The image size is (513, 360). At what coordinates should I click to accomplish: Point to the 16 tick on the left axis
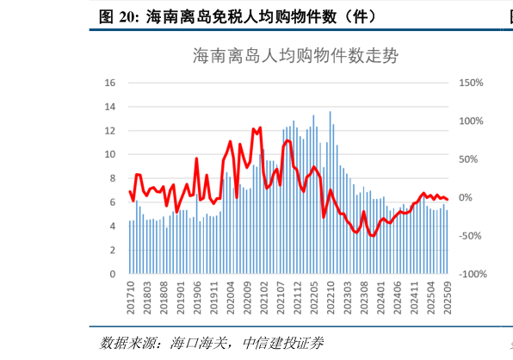click(110, 83)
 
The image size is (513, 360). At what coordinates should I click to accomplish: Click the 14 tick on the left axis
click(110, 107)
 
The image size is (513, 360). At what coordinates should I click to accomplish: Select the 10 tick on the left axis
click(110, 155)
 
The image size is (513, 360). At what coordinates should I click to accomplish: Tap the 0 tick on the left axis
click(113, 274)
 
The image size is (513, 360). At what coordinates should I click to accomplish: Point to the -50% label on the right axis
click(472, 236)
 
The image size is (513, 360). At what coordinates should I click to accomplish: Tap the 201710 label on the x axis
click(131, 297)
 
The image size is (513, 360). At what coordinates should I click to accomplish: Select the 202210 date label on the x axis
click(331, 297)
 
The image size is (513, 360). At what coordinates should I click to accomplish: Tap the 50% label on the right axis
click(470, 159)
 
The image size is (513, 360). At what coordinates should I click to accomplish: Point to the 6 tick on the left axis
click(113, 202)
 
